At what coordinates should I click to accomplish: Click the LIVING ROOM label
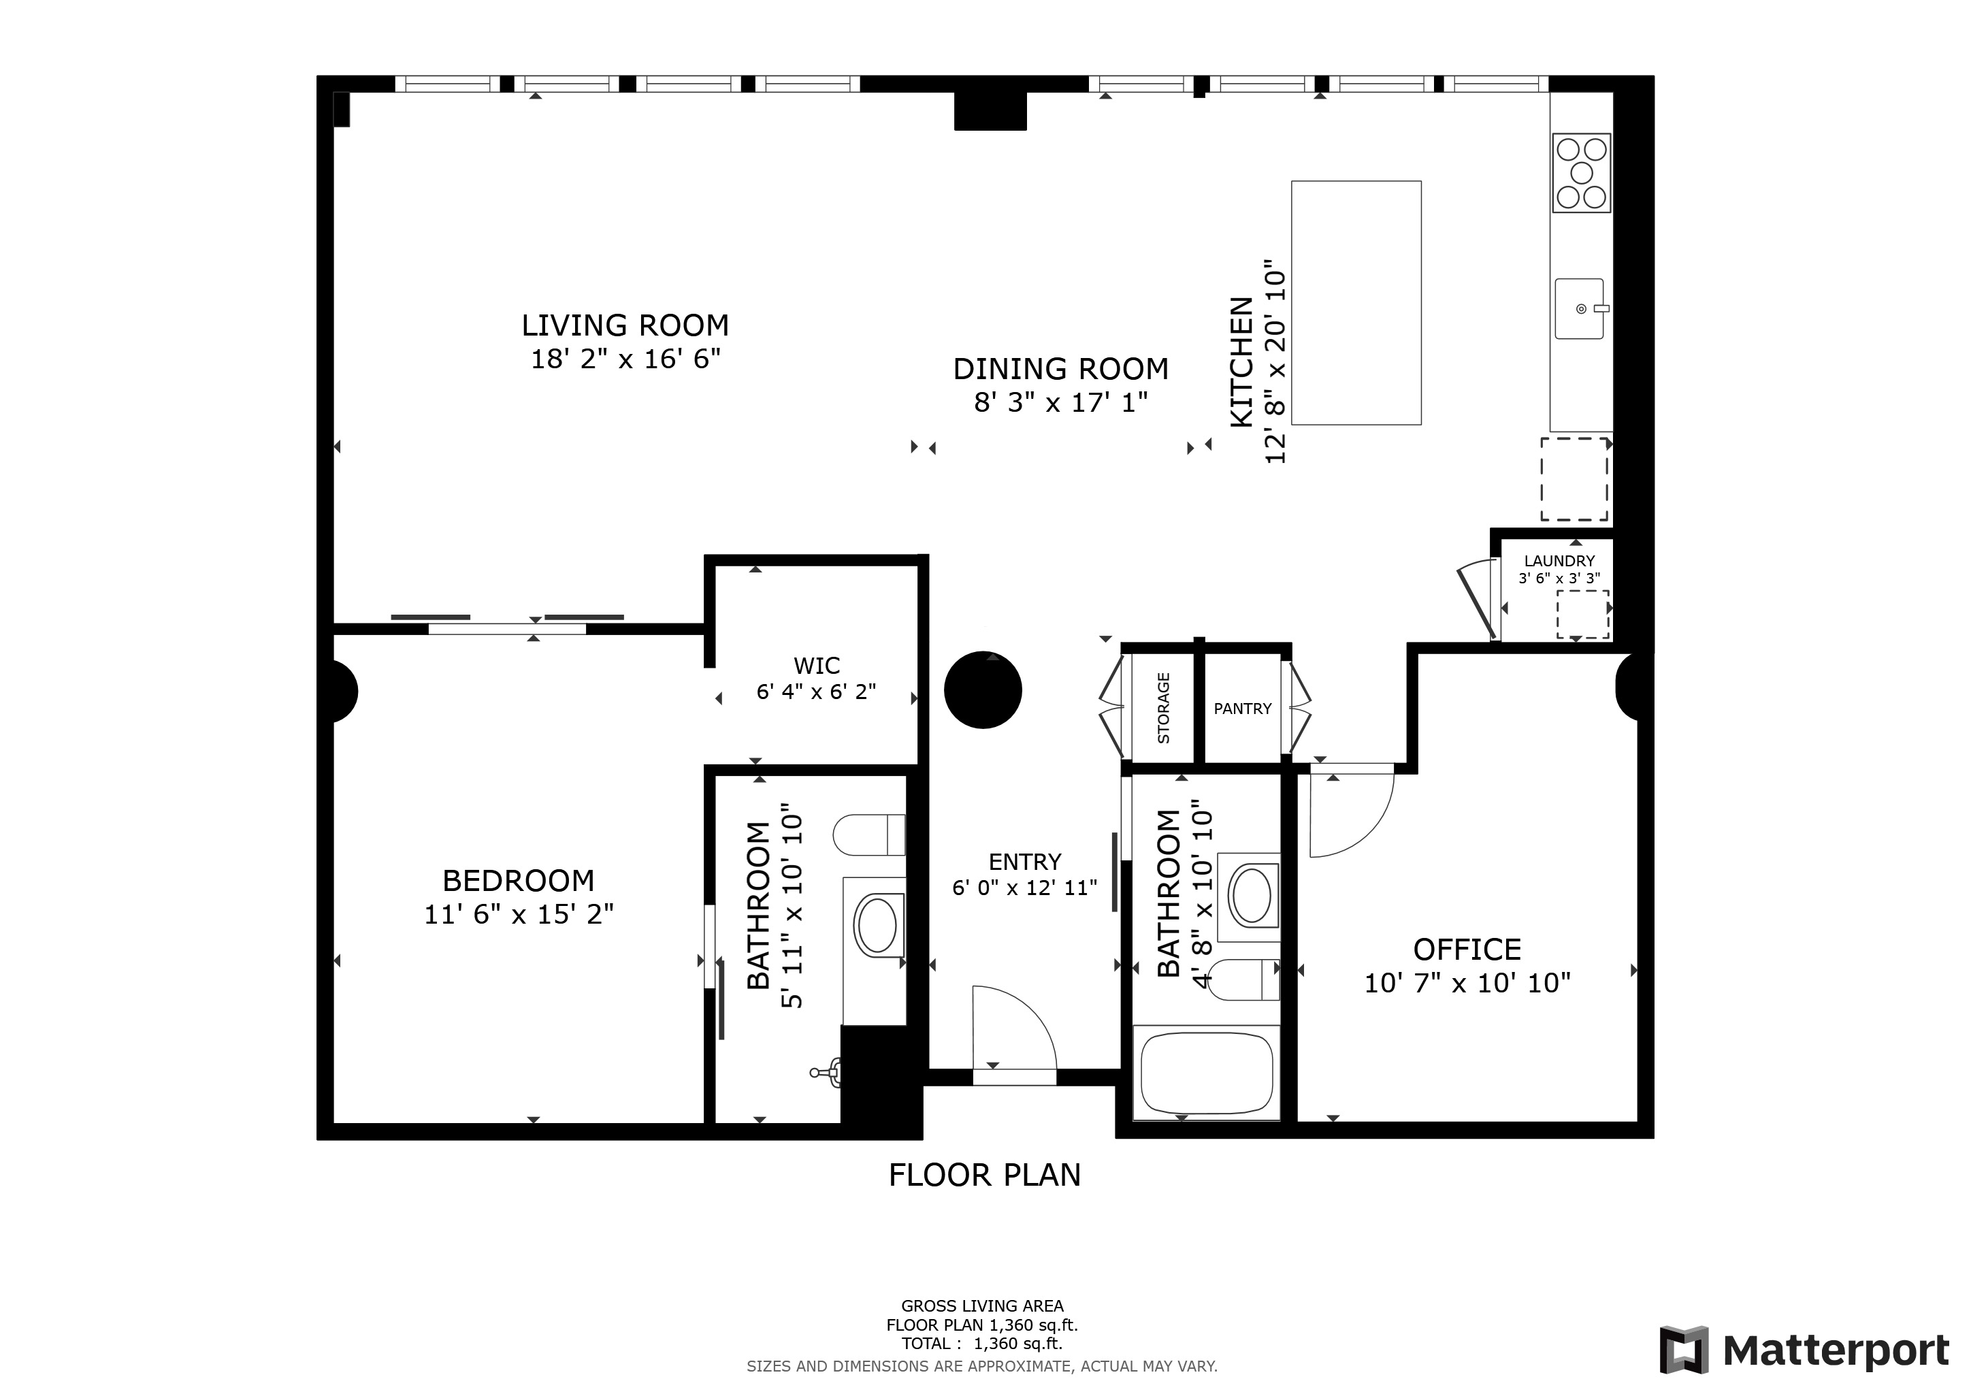pyautogui.click(x=625, y=325)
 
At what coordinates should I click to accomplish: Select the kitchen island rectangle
pyautogui.click(x=1356, y=303)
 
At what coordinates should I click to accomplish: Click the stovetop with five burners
pyautogui.click(x=1581, y=174)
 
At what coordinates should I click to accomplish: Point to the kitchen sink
pyautogui.click(x=1580, y=308)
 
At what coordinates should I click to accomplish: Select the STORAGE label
pyautogui.click(x=1164, y=708)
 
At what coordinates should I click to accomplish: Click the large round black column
pyautogui.click(x=983, y=690)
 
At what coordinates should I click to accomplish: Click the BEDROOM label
pyautogui.click(x=519, y=881)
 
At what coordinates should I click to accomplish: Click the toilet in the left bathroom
pyautogui.click(x=868, y=835)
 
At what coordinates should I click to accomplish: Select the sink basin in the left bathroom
pyautogui.click(x=877, y=925)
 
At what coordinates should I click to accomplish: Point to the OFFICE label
pyautogui.click(x=1467, y=950)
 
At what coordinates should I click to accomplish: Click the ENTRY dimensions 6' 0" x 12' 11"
pyautogui.click(x=1025, y=888)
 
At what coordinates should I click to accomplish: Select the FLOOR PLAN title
pyautogui.click(x=985, y=1175)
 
